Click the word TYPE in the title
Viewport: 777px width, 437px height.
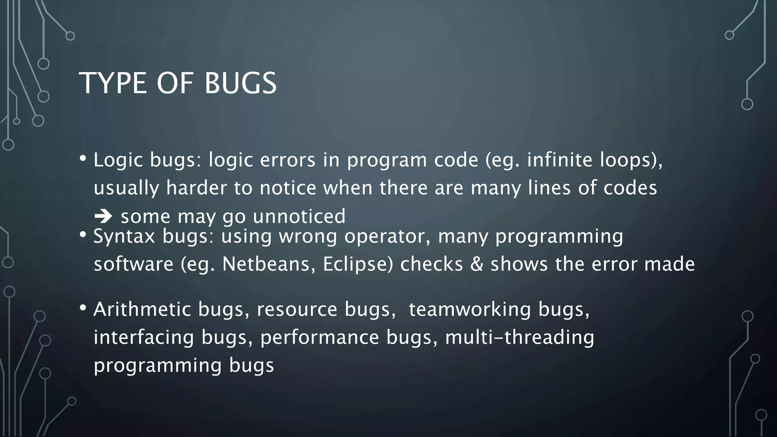click(113, 83)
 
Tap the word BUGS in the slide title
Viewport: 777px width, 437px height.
click(241, 83)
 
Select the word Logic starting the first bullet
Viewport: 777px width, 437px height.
click(118, 160)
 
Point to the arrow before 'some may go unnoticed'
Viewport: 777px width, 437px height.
click(103, 216)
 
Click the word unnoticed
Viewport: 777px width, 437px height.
click(299, 216)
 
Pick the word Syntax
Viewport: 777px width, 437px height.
click(124, 237)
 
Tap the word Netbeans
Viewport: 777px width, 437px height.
click(269, 264)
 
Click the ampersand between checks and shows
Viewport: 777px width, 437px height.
click(477, 264)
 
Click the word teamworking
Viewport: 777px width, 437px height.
click(470, 309)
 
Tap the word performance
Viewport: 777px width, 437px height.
click(319, 337)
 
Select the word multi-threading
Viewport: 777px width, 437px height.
click(519, 337)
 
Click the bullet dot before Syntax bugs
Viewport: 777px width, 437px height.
click(83, 235)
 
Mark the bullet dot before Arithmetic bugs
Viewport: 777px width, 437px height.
click(83, 308)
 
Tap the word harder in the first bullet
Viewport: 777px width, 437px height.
click(196, 188)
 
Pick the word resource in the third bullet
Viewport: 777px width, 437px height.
click(297, 309)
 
